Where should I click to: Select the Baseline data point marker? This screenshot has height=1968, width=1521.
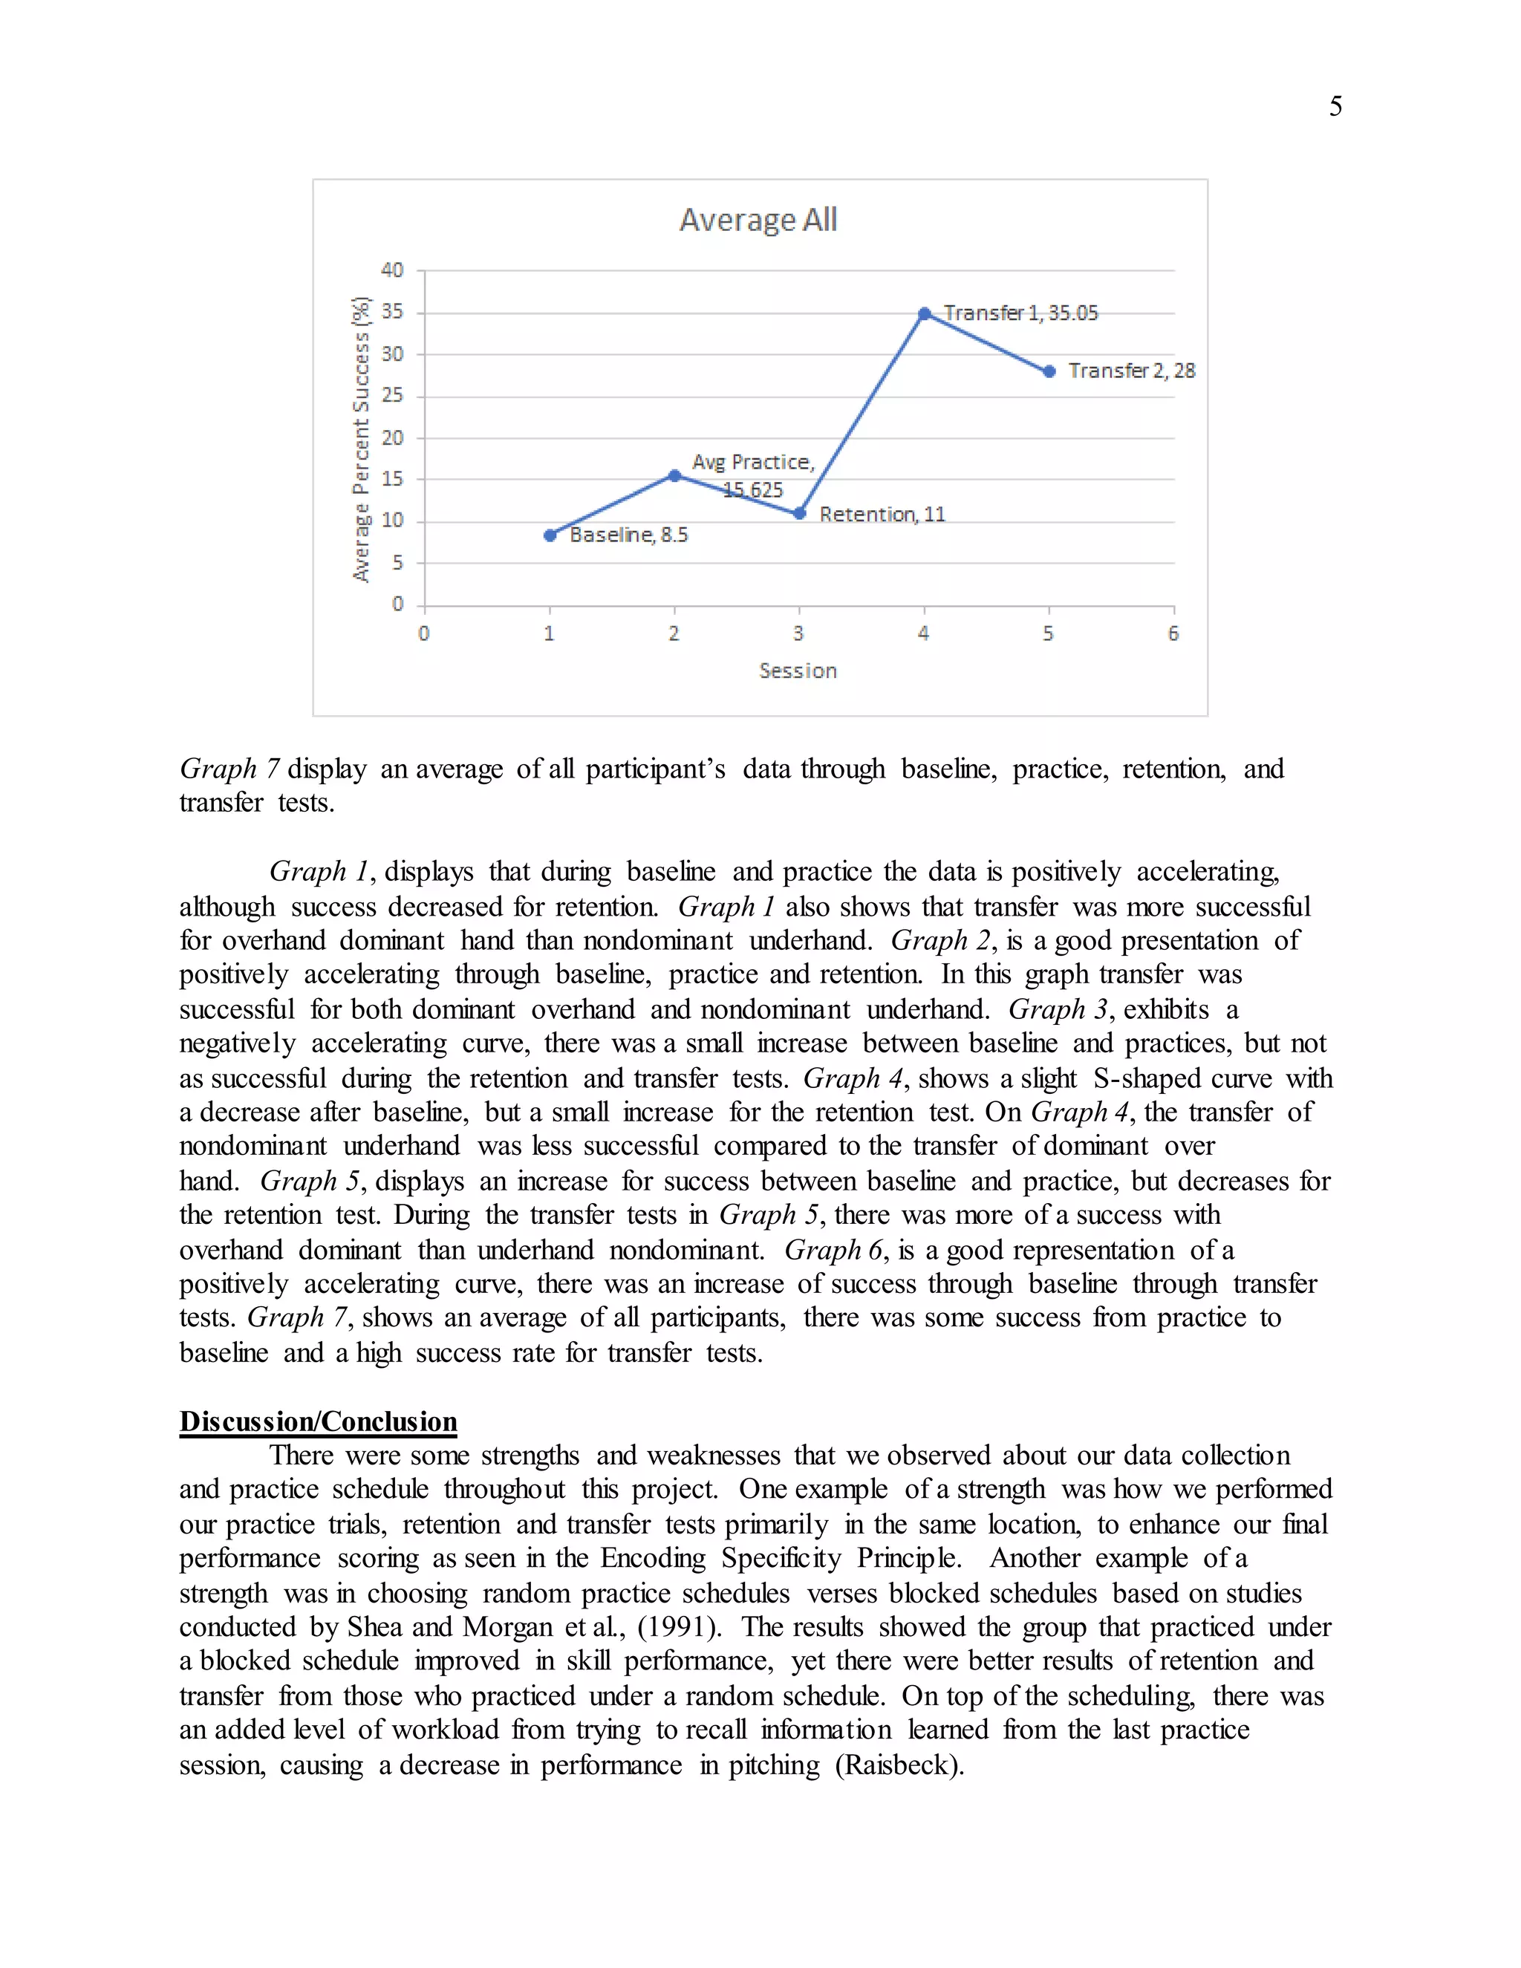click(x=550, y=535)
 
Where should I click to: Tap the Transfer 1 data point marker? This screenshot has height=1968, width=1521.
click(x=925, y=313)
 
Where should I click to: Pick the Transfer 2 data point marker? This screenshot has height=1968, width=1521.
click(x=1049, y=371)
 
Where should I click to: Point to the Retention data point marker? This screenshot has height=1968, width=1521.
click(x=799, y=514)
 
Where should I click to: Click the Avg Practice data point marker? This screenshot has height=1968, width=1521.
click(x=674, y=475)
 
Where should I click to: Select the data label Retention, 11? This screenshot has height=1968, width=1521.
click(x=882, y=515)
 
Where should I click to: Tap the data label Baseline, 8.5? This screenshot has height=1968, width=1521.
click(x=629, y=535)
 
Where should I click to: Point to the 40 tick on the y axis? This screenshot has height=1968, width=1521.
click(x=392, y=270)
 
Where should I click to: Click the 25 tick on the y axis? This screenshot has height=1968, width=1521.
click(x=392, y=396)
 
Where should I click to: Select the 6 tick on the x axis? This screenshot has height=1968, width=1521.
click(x=1173, y=634)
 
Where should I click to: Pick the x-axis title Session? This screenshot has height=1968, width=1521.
click(x=798, y=671)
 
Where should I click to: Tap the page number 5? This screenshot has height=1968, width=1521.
click(x=1335, y=106)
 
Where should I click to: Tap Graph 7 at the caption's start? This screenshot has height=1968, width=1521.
click(x=229, y=769)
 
